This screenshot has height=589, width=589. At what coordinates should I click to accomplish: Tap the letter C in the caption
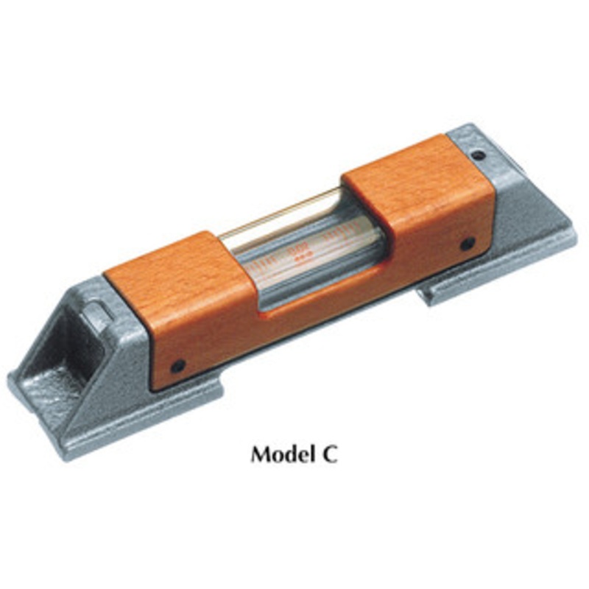pyautogui.click(x=329, y=454)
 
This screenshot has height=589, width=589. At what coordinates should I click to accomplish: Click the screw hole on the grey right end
pyautogui.click(x=478, y=154)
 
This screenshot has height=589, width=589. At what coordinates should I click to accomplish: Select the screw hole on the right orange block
pyautogui.click(x=468, y=244)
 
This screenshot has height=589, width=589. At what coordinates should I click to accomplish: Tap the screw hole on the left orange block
pyautogui.click(x=177, y=365)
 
